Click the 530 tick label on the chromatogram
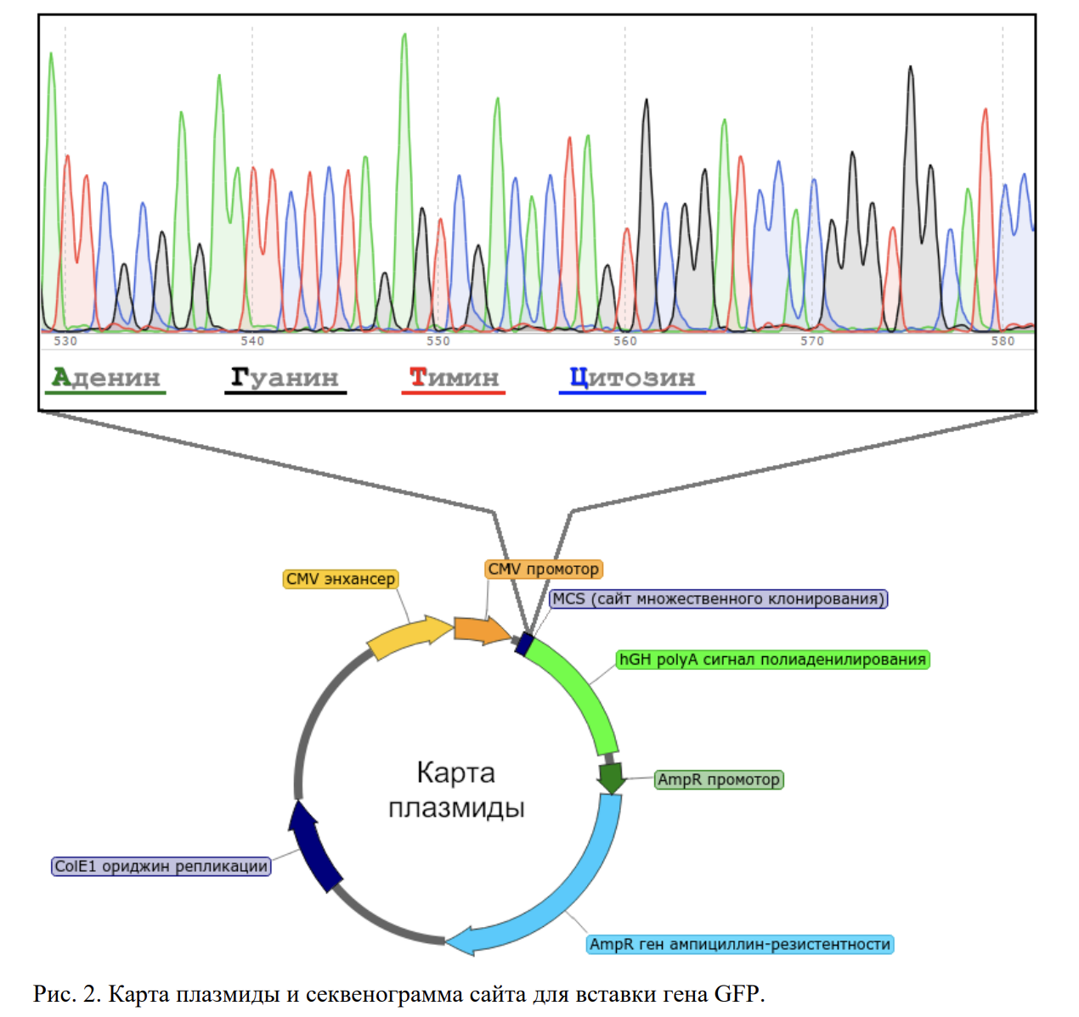(65, 341)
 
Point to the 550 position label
(438, 341)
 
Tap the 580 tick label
(1003, 341)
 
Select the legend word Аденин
(105, 378)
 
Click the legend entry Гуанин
(285, 378)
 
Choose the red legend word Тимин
(453, 378)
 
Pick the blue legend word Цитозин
(632, 378)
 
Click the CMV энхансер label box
(341, 579)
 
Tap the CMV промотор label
(543, 569)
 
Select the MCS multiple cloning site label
(718, 598)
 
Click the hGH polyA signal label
(772, 660)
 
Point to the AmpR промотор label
(719, 779)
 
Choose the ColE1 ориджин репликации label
(161, 867)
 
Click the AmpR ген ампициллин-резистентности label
(740, 944)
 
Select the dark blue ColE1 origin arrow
(314, 846)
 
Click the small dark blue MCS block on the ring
(524, 644)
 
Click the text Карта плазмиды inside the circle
(456, 789)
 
